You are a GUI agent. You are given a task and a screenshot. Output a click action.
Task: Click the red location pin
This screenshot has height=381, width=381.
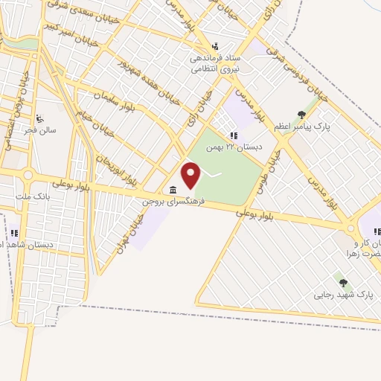click(192, 176)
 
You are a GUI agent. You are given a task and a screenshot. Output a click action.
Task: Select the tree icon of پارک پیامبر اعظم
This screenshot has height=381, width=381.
click(301, 115)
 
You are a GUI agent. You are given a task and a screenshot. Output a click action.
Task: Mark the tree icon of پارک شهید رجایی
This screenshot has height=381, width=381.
click(343, 283)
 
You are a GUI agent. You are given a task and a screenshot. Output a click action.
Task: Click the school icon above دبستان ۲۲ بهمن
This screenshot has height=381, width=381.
click(233, 135)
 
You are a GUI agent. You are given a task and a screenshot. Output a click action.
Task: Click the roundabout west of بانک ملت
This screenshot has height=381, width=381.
click(28, 176)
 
